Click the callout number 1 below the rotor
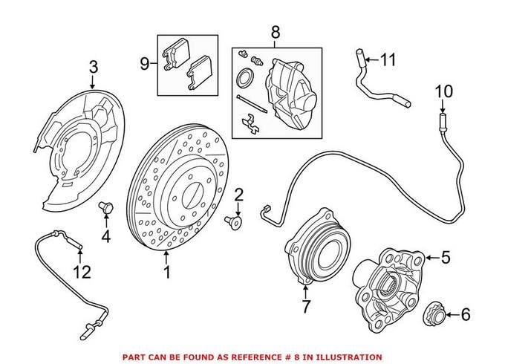[167, 273]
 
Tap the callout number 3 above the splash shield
[93, 68]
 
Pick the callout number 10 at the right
[443, 91]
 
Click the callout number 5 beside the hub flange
[446, 258]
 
